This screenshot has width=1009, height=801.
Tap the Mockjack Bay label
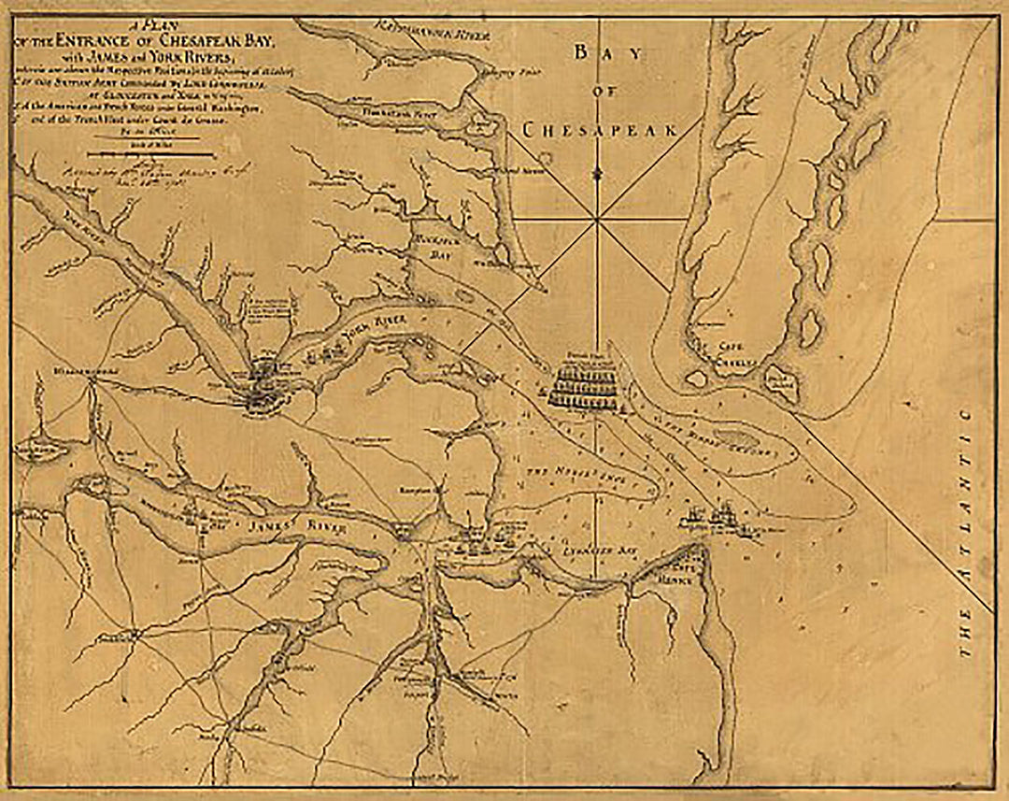(434, 246)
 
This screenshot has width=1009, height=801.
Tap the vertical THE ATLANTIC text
(967, 533)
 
